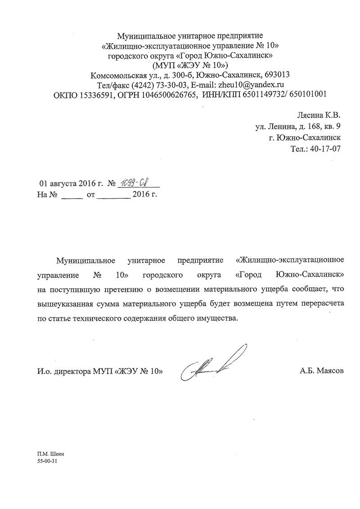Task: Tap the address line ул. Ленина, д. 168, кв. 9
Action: (298, 127)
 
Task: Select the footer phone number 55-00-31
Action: (48, 462)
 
